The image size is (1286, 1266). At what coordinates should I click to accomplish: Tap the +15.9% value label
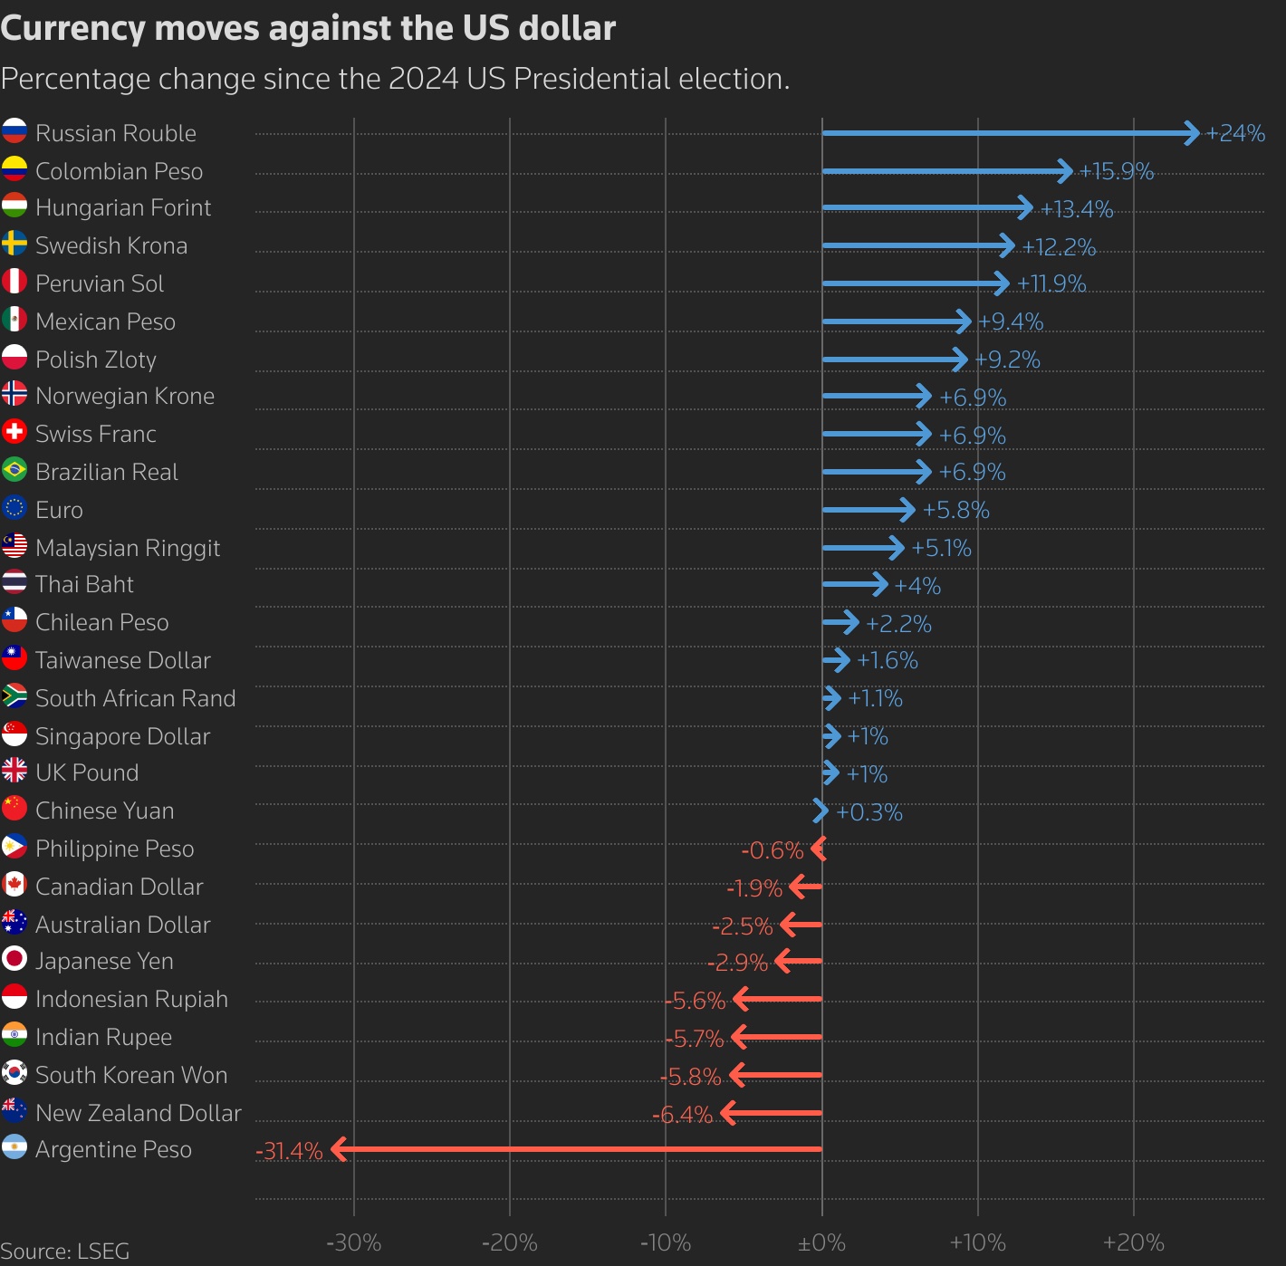coord(1116,171)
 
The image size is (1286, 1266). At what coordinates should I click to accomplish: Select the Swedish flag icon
coord(14,244)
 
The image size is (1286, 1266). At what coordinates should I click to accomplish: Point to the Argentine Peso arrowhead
coord(339,1149)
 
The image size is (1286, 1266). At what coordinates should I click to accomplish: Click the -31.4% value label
coord(289,1151)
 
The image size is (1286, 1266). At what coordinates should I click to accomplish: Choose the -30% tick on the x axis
coord(353,1242)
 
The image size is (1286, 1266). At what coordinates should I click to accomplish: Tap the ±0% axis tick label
coord(821,1242)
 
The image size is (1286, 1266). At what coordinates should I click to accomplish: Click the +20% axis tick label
coord(1133,1242)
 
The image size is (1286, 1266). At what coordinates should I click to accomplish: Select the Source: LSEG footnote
coord(65,1251)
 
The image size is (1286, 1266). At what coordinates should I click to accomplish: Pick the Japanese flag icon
coord(14,959)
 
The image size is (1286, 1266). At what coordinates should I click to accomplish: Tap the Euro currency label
coord(59,510)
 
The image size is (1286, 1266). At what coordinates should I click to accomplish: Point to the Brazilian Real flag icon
coord(14,470)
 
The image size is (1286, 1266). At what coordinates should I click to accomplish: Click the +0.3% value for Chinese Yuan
coord(869,812)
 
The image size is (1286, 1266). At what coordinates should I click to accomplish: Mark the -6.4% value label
coord(682,1115)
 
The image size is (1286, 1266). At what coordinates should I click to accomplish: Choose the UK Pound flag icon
coord(14,771)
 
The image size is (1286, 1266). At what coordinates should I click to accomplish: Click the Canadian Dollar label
coord(119,887)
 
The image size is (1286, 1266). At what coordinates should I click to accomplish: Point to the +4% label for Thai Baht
coord(917,586)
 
